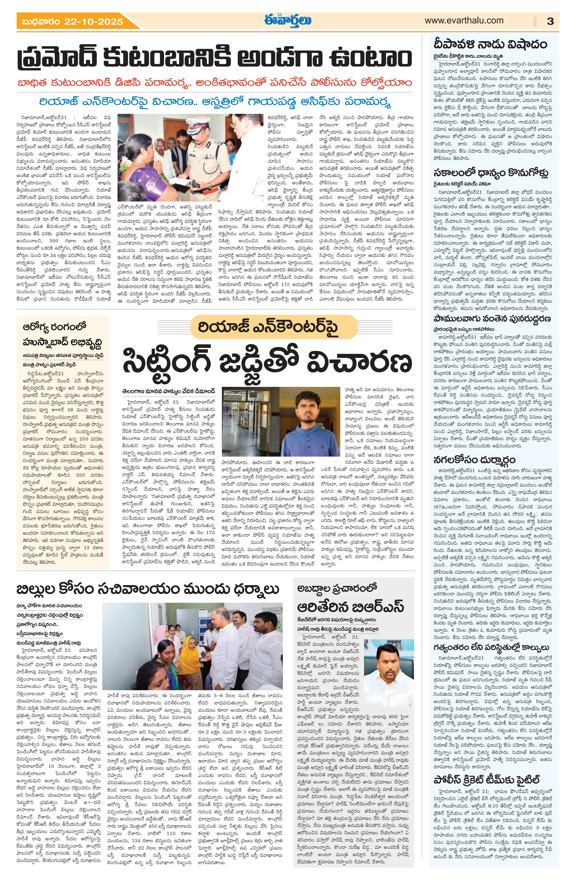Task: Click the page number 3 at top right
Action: [x=550, y=21]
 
